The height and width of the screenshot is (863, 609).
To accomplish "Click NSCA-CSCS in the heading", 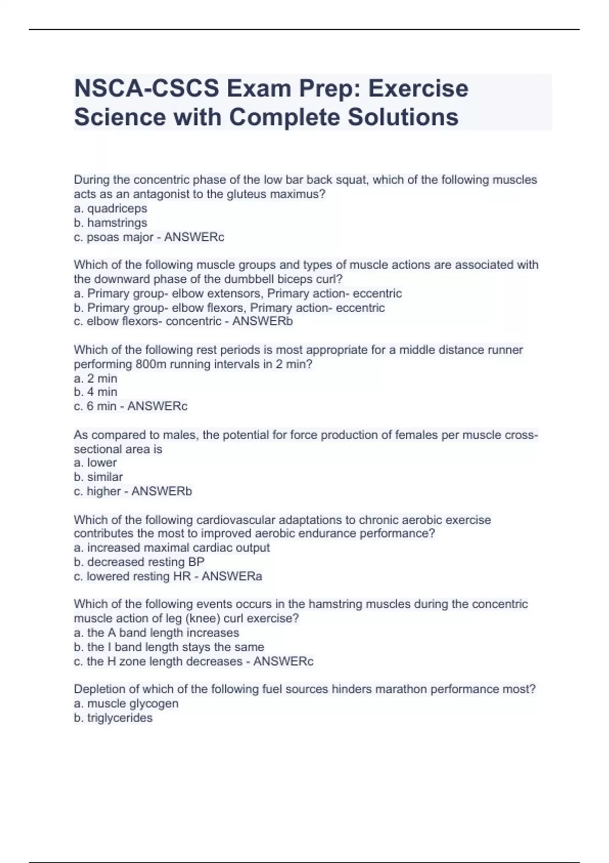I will [x=147, y=89].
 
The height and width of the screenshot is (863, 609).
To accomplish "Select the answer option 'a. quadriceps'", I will [x=111, y=209].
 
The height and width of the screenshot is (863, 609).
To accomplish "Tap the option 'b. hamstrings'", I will [x=111, y=223].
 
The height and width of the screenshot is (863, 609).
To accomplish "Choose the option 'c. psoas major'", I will [x=114, y=237].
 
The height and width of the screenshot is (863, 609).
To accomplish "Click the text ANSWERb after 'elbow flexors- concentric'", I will [x=262, y=321].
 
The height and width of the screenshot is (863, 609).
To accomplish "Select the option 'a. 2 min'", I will [x=95, y=378].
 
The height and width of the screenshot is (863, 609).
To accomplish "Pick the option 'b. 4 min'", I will [x=95, y=392].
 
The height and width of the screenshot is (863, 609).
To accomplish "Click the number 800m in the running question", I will [x=151, y=364].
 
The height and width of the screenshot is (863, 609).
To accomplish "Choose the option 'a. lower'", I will [x=95, y=463].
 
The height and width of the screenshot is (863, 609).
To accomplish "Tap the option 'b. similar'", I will [x=98, y=477].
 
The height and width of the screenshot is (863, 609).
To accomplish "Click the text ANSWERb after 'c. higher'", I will [x=161, y=491].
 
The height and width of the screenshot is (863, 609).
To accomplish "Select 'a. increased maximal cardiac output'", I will [x=172, y=548].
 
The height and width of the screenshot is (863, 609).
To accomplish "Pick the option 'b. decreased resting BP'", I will [x=139, y=562].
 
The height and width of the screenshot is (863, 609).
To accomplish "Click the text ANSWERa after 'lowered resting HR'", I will [x=232, y=576].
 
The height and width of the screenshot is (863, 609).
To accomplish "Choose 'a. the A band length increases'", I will [x=156, y=633].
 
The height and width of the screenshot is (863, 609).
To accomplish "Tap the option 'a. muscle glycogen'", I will [x=126, y=704].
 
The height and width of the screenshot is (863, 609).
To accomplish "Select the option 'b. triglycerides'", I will [x=113, y=718].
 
